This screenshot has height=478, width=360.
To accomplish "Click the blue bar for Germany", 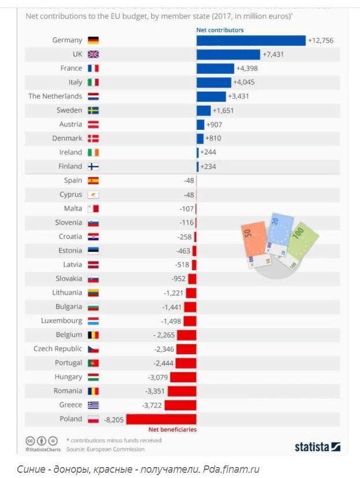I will [251, 40].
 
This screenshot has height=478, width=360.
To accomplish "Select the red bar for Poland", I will [161, 419].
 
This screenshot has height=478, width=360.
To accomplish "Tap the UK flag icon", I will [93, 54].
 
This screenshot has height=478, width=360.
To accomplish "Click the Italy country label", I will [75, 82].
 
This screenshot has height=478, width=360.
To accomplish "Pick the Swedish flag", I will [93, 110].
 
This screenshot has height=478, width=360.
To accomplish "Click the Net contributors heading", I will [220, 30].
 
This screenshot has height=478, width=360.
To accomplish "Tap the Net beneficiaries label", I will [172, 430].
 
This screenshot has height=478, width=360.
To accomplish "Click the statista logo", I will [317, 446].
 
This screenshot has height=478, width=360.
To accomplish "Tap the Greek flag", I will [93, 405].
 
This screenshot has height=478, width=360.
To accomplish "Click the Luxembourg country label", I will [61, 321].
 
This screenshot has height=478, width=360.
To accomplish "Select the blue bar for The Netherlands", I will [211, 96].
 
